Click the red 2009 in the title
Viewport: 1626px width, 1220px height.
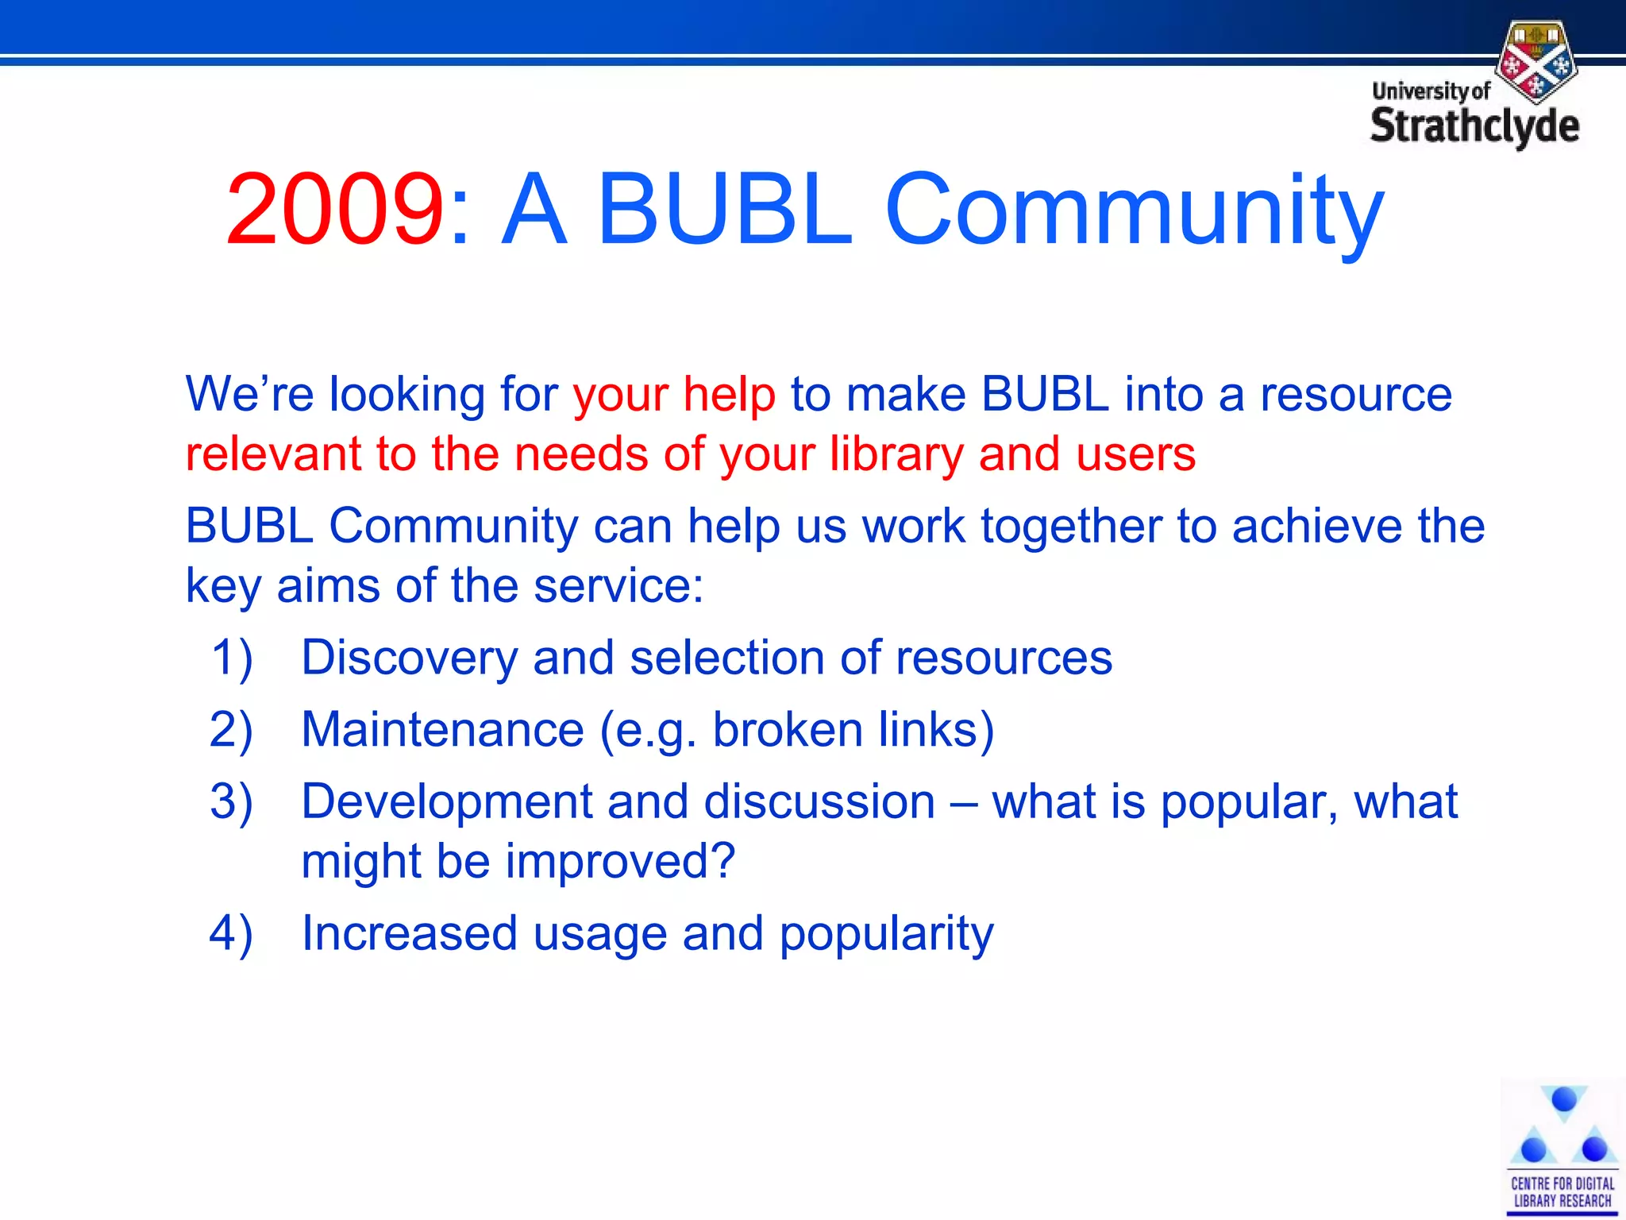click(333, 210)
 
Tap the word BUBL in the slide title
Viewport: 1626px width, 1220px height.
click(724, 210)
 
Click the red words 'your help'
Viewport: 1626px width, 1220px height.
click(673, 395)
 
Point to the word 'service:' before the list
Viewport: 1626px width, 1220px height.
click(618, 586)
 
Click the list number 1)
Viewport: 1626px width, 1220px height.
click(231, 658)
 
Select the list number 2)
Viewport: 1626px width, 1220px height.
click(231, 730)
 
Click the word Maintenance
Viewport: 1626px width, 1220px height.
click(442, 730)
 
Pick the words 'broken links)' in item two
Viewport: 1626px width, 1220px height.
click(853, 730)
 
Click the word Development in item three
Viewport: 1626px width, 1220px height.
click(446, 801)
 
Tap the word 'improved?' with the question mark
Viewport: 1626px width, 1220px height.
click(620, 862)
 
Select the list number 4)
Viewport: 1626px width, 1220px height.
click(231, 933)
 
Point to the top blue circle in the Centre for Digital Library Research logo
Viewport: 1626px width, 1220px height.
click(1563, 1100)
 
